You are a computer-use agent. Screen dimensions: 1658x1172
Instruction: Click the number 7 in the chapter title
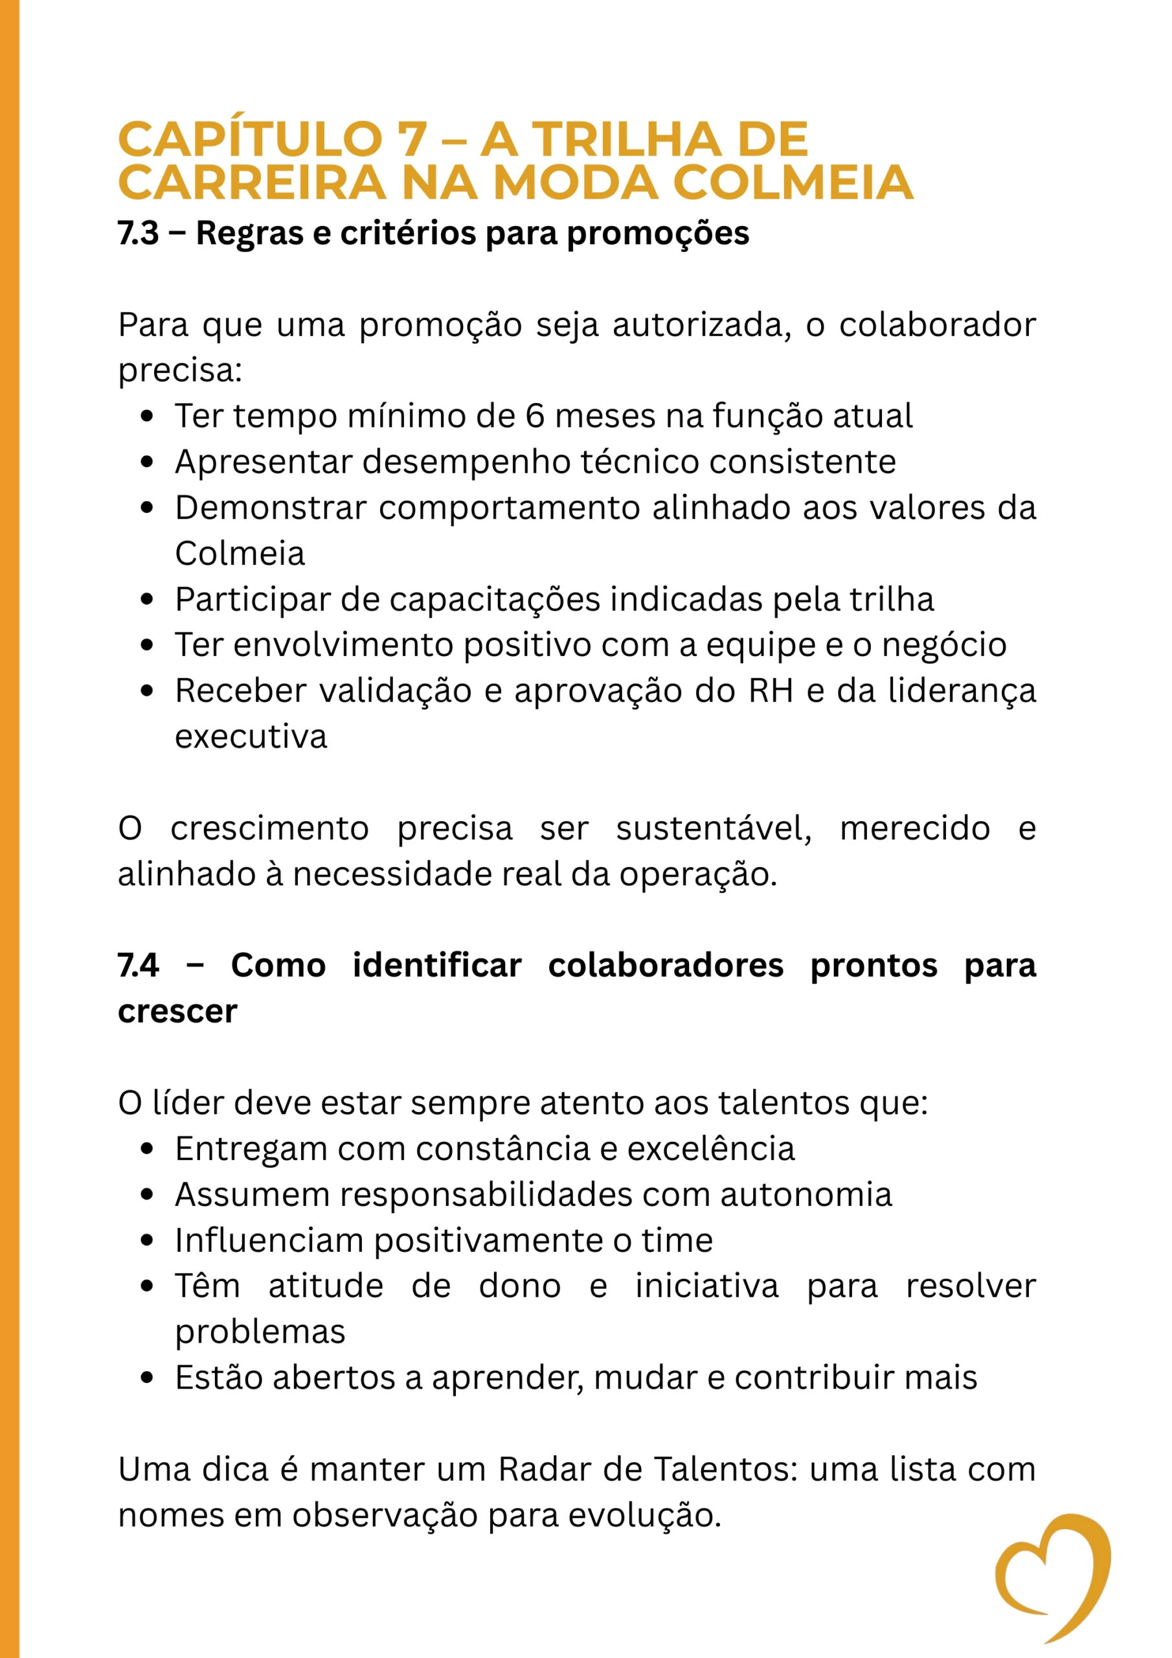click(412, 139)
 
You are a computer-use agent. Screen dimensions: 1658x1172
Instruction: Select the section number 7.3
click(138, 233)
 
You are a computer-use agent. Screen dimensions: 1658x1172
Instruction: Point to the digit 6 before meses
click(534, 416)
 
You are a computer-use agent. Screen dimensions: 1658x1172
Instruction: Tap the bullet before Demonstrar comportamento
click(148, 508)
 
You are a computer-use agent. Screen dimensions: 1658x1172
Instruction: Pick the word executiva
click(251, 737)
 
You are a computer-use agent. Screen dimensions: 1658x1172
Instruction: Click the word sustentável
click(714, 828)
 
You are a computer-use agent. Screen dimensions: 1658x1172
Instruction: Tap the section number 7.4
click(138, 966)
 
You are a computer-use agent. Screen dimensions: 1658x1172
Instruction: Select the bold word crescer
click(177, 1012)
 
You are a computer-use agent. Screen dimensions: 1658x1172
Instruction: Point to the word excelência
click(710, 1149)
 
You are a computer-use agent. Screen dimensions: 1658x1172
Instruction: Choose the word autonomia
click(806, 1194)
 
